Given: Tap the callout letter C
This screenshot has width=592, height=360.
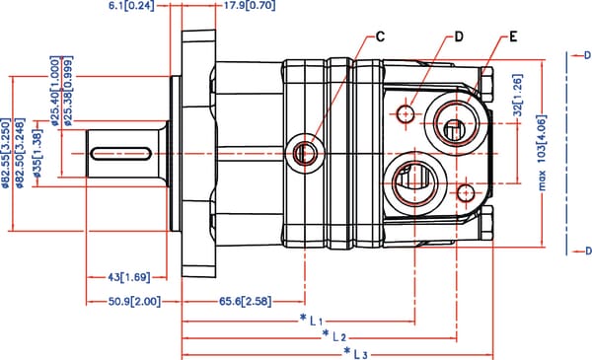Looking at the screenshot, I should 380,37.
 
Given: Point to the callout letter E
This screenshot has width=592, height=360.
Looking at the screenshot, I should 513,36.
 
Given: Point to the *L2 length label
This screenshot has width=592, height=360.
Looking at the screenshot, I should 333,336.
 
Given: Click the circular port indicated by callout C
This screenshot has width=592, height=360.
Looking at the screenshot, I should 303,151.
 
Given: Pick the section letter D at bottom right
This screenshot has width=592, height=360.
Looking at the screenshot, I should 586,252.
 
